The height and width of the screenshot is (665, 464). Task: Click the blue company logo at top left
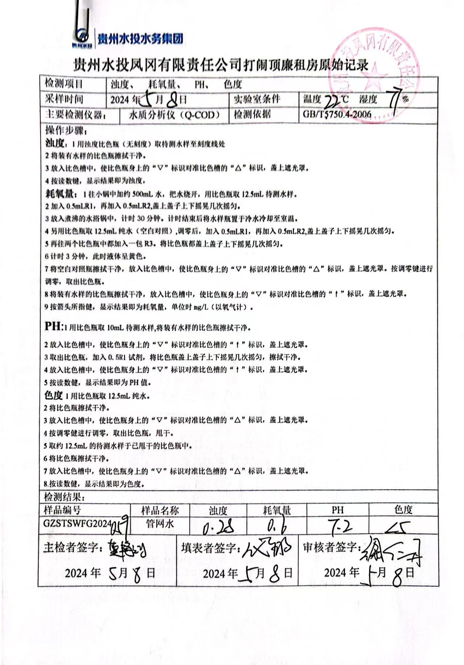[x=83, y=37]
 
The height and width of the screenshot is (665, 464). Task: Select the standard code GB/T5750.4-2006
[x=337, y=115]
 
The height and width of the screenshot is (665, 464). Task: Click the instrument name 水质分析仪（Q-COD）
[x=174, y=115]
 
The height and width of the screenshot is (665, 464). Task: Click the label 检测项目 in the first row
[x=64, y=84]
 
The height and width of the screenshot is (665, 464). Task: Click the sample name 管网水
[x=160, y=524]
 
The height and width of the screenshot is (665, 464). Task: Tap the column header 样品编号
[x=62, y=510]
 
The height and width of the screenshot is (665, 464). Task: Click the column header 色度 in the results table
[x=403, y=510]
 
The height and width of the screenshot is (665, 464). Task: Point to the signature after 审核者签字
[x=391, y=550]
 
